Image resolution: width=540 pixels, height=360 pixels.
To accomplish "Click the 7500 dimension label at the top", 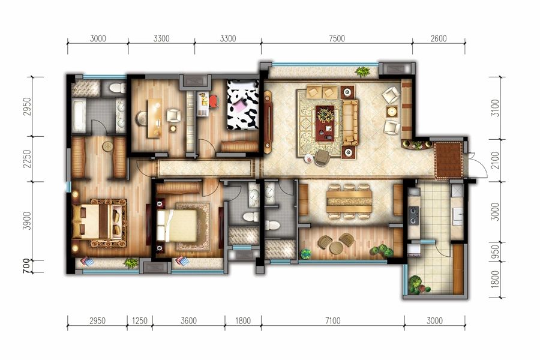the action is pyautogui.click(x=337, y=38).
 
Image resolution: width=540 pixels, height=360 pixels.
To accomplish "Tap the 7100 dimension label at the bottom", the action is pyautogui.click(x=332, y=321).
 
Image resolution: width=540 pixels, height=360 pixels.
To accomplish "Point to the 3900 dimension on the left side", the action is pyautogui.click(x=28, y=221).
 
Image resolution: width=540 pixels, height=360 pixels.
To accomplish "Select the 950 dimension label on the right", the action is pyautogui.click(x=495, y=251).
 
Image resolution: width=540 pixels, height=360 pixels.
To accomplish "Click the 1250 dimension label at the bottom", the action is pyautogui.click(x=140, y=321).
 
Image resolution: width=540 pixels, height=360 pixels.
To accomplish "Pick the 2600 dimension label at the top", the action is pyautogui.click(x=439, y=38).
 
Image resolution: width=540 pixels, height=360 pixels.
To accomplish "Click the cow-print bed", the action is pyautogui.click(x=243, y=105).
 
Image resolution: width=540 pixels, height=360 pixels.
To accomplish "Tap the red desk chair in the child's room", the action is pyautogui.click(x=213, y=101).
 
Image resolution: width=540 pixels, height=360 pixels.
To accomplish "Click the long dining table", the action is pyautogui.click(x=349, y=202).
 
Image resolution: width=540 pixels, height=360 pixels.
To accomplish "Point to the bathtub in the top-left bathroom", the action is pyautogui.click(x=79, y=115).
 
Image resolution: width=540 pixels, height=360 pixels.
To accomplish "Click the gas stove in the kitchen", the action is pyautogui.click(x=413, y=215).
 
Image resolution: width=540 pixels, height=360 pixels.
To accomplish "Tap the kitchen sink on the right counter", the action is pyautogui.click(x=458, y=217).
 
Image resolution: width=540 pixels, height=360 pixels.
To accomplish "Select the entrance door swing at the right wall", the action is pyautogui.click(x=478, y=166).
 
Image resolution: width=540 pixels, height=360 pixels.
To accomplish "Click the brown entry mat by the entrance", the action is pyautogui.click(x=448, y=160).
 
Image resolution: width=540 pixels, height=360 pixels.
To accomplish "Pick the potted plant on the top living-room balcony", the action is pyautogui.click(x=362, y=71).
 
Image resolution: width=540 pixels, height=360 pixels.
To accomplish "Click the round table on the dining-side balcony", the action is pyautogui.click(x=335, y=247).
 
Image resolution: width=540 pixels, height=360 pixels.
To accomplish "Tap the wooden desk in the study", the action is pyautogui.click(x=154, y=119).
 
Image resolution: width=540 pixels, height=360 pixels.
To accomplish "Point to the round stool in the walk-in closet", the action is pyautogui.click(x=107, y=146).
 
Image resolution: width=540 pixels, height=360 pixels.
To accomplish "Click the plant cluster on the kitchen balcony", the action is pyautogui.click(x=418, y=285).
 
